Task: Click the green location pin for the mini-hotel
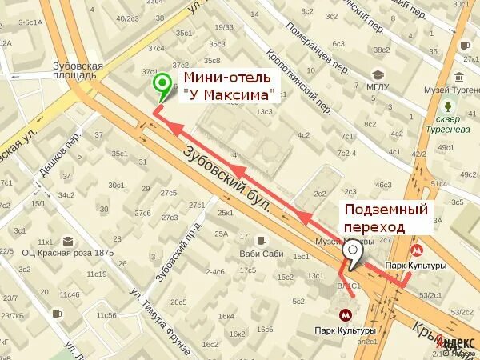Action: pyautogui.click(x=162, y=83)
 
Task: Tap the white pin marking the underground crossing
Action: pyautogui.click(x=353, y=252)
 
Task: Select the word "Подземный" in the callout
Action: pyautogui.click(x=386, y=210)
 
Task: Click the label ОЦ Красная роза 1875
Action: pyautogui.click(x=68, y=254)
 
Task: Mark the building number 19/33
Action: pyautogui.click(x=224, y=27)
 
